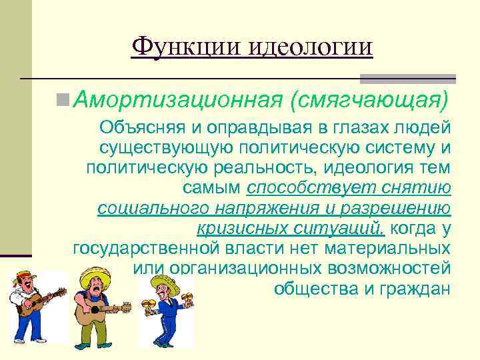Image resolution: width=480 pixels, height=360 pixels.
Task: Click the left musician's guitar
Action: pos(39,303)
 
